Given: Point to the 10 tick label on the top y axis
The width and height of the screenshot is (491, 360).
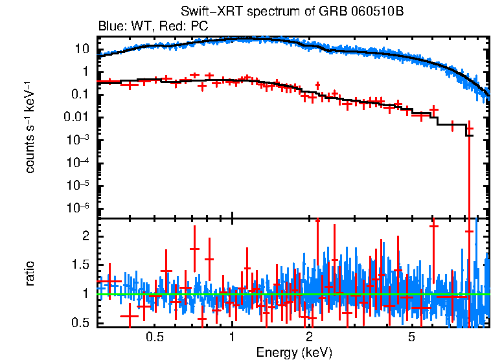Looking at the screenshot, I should pyautogui.click(x=82, y=49).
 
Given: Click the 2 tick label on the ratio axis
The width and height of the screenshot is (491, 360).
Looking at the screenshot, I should pyautogui.click(x=85, y=236).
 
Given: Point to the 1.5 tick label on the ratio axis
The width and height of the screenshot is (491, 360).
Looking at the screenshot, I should pyautogui.click(x=80, y=265).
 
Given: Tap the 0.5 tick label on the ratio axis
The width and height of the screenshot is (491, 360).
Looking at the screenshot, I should pyautogui.click(x=80, y=322).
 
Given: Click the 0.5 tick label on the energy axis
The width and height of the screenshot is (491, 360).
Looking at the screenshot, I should pyautogui.click(x=154, y=337).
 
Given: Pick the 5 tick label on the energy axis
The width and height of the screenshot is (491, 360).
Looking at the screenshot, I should pyautogui.click(x=411, y=337).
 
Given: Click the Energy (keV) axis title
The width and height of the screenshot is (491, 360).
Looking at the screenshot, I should pyautogui.click(x=294, y=352).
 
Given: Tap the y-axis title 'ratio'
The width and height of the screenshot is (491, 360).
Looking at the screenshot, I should pyautogui.click(x=30, y=273).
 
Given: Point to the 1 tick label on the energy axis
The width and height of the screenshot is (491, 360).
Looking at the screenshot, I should pyautogui.click(x=232, y=337).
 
